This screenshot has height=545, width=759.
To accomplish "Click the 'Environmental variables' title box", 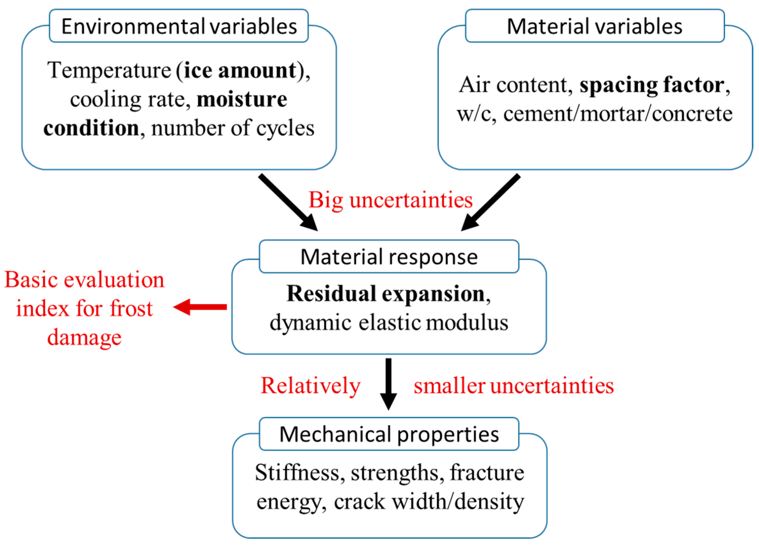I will [179, 26].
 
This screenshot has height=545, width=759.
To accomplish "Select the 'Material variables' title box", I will [595, 26].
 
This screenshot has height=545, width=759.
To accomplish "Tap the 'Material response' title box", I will [389, 257].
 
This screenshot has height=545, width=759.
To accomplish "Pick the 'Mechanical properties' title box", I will [389, 434].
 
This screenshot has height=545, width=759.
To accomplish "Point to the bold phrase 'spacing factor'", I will [652, 85].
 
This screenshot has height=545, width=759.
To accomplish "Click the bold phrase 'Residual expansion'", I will [386, 293].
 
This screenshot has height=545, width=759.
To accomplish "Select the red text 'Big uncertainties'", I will [390, 200].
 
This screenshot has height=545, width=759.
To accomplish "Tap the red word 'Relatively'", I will [310, 385].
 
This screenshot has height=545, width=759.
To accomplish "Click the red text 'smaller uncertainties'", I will [514, 385].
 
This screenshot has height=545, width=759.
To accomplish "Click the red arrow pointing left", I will [200, 307].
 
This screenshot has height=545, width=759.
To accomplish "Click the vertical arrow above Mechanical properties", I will [388, 383].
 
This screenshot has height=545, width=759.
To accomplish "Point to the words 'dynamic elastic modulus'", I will [389, 323].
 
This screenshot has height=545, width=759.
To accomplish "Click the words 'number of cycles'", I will [233, 128].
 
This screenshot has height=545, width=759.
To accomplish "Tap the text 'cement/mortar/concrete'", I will [618, 114].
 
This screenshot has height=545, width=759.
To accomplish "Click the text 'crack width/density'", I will [429, 502].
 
